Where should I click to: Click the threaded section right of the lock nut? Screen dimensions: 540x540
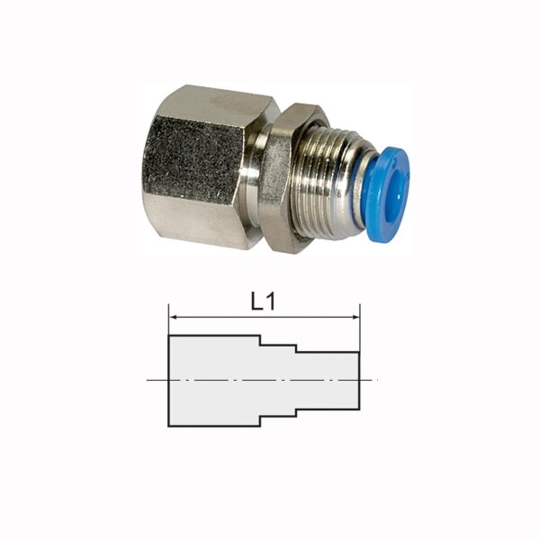pyautogui.click(x=328, y=184)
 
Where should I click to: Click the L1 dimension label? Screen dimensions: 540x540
pyautogui.click(x=263, y=302)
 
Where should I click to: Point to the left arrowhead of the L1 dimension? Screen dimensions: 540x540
pyautogui.click(x=174, y=317)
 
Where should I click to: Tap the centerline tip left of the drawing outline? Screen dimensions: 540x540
pyautogui.click(x=149, y=381)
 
